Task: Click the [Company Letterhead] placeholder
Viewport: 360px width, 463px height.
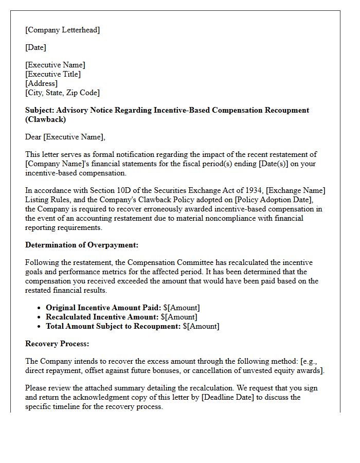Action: point(62,30)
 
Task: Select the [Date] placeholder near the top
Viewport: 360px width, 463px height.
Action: point(35,47)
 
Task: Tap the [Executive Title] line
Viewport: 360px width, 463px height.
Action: point(52,74)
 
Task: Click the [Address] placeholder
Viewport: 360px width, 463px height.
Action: point(41,83)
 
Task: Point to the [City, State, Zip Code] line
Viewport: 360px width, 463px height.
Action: point(62,93)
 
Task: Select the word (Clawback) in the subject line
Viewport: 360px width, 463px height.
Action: point(46,119)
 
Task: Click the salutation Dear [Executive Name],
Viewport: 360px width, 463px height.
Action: point(65,137)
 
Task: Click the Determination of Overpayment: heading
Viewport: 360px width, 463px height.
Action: point(81,245)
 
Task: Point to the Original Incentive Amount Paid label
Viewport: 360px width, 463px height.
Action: point(101,308)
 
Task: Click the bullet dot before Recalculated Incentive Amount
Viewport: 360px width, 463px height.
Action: point(40,317)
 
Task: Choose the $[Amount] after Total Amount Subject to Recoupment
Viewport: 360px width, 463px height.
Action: point(201,326)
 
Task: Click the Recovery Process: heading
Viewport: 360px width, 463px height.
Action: point(57,344)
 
